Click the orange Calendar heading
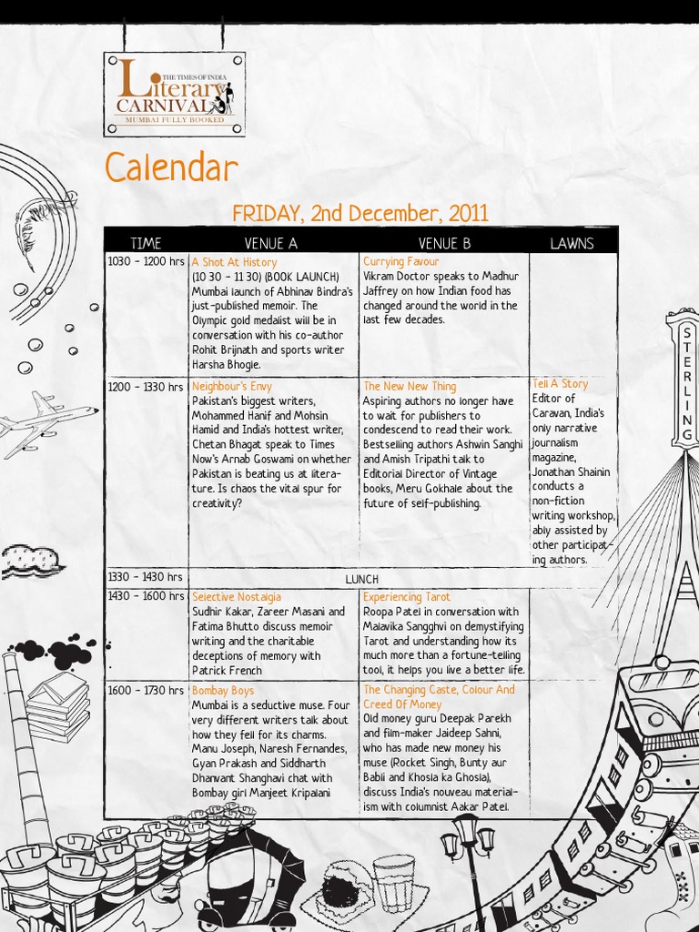click(171, 169)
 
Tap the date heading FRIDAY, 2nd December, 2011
click(360, 214)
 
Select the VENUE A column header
click(270, 243)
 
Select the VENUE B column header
click(444, 243)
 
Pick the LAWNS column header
click(572, 243)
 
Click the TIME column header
click(146, 243)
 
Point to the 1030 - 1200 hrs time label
click(146, 262)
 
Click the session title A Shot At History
click(234, 262)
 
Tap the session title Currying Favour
click(400, 262)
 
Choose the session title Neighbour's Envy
click(231, 387)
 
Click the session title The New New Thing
click(410, 387)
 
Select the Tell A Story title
click(561, 384)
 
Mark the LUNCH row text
click(361, 580)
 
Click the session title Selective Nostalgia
click(236, 597)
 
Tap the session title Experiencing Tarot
click(407, 597)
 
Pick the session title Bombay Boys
click(222, 691)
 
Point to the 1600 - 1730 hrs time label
click(146, 691)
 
